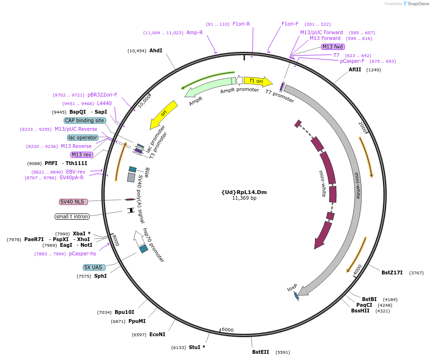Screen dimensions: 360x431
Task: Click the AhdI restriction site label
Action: click(x=156, y=50)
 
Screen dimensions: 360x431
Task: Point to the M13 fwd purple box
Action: click(x=333, y=47)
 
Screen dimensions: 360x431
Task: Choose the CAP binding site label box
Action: click(x=85, y=120)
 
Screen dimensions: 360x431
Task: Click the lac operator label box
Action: click(x=83, y=137)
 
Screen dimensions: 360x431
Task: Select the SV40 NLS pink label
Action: click(x=73, y=202)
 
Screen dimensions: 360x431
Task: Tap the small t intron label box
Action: click(x=72, y=217)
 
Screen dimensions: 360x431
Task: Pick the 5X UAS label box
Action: click(x=93, y=267)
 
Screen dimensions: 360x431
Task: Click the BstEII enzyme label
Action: click(x=260, y=352)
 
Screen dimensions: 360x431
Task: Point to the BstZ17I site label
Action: click(x=392, y=272)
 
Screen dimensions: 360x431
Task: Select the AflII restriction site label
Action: click(x=355, y=69)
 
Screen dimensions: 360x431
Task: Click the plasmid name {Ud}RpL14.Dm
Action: click(x=244, y=192)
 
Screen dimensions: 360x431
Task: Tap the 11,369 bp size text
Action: click(x=244, y=198)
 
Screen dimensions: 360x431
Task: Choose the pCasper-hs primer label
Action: click(x=82, y=253)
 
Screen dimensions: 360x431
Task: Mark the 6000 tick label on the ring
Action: click(x=227, y=330)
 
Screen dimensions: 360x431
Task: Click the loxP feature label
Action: click(x=292, y=288)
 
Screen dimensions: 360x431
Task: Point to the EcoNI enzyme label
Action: click(x=157, y=334)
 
